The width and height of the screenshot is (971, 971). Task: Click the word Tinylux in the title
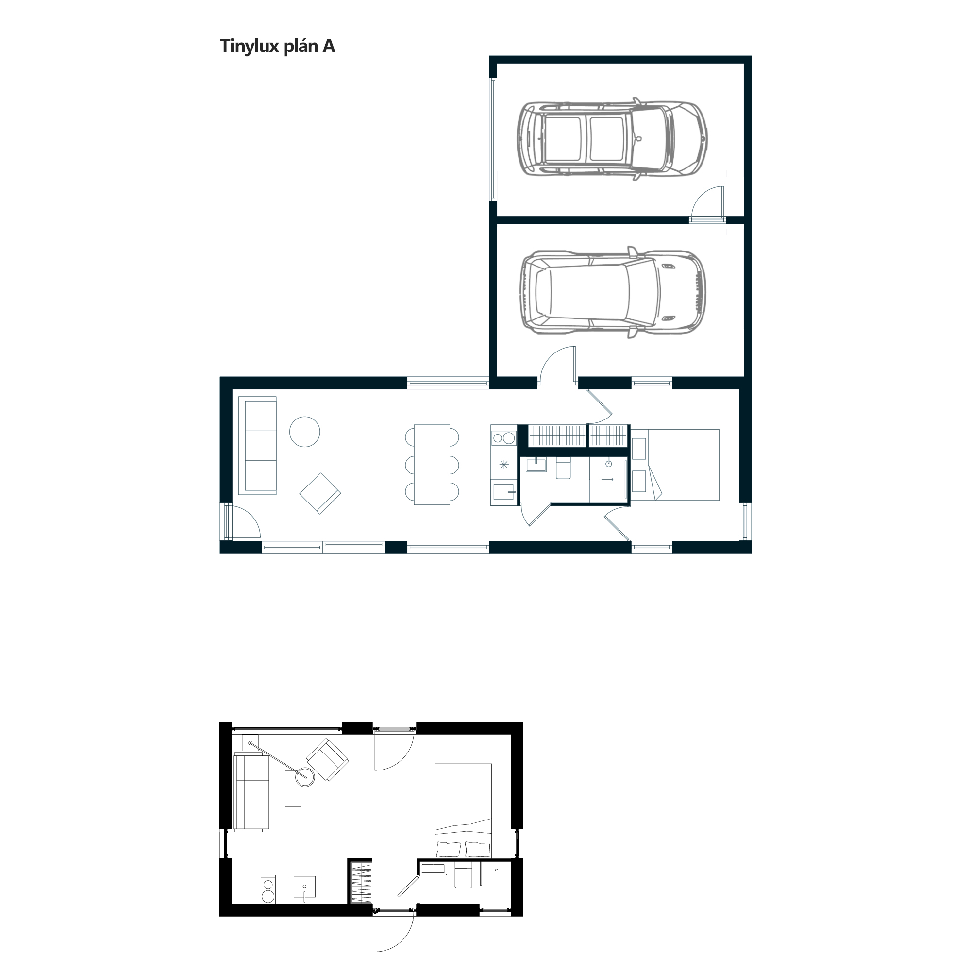249,46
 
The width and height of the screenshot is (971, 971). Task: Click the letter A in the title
329,46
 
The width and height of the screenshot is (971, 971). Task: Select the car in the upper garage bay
612,139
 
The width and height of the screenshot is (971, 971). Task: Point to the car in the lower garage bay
612,292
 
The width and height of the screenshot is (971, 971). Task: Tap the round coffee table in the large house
304,432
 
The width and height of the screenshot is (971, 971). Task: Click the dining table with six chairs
432,465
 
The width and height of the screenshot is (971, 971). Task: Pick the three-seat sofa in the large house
257,446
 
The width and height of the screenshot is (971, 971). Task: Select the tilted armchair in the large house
320,493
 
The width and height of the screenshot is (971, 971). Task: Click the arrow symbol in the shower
607,480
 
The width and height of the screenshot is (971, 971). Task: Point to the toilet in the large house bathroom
563,468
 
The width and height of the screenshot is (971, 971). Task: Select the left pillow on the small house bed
449,849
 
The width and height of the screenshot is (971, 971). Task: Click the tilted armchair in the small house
328,759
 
